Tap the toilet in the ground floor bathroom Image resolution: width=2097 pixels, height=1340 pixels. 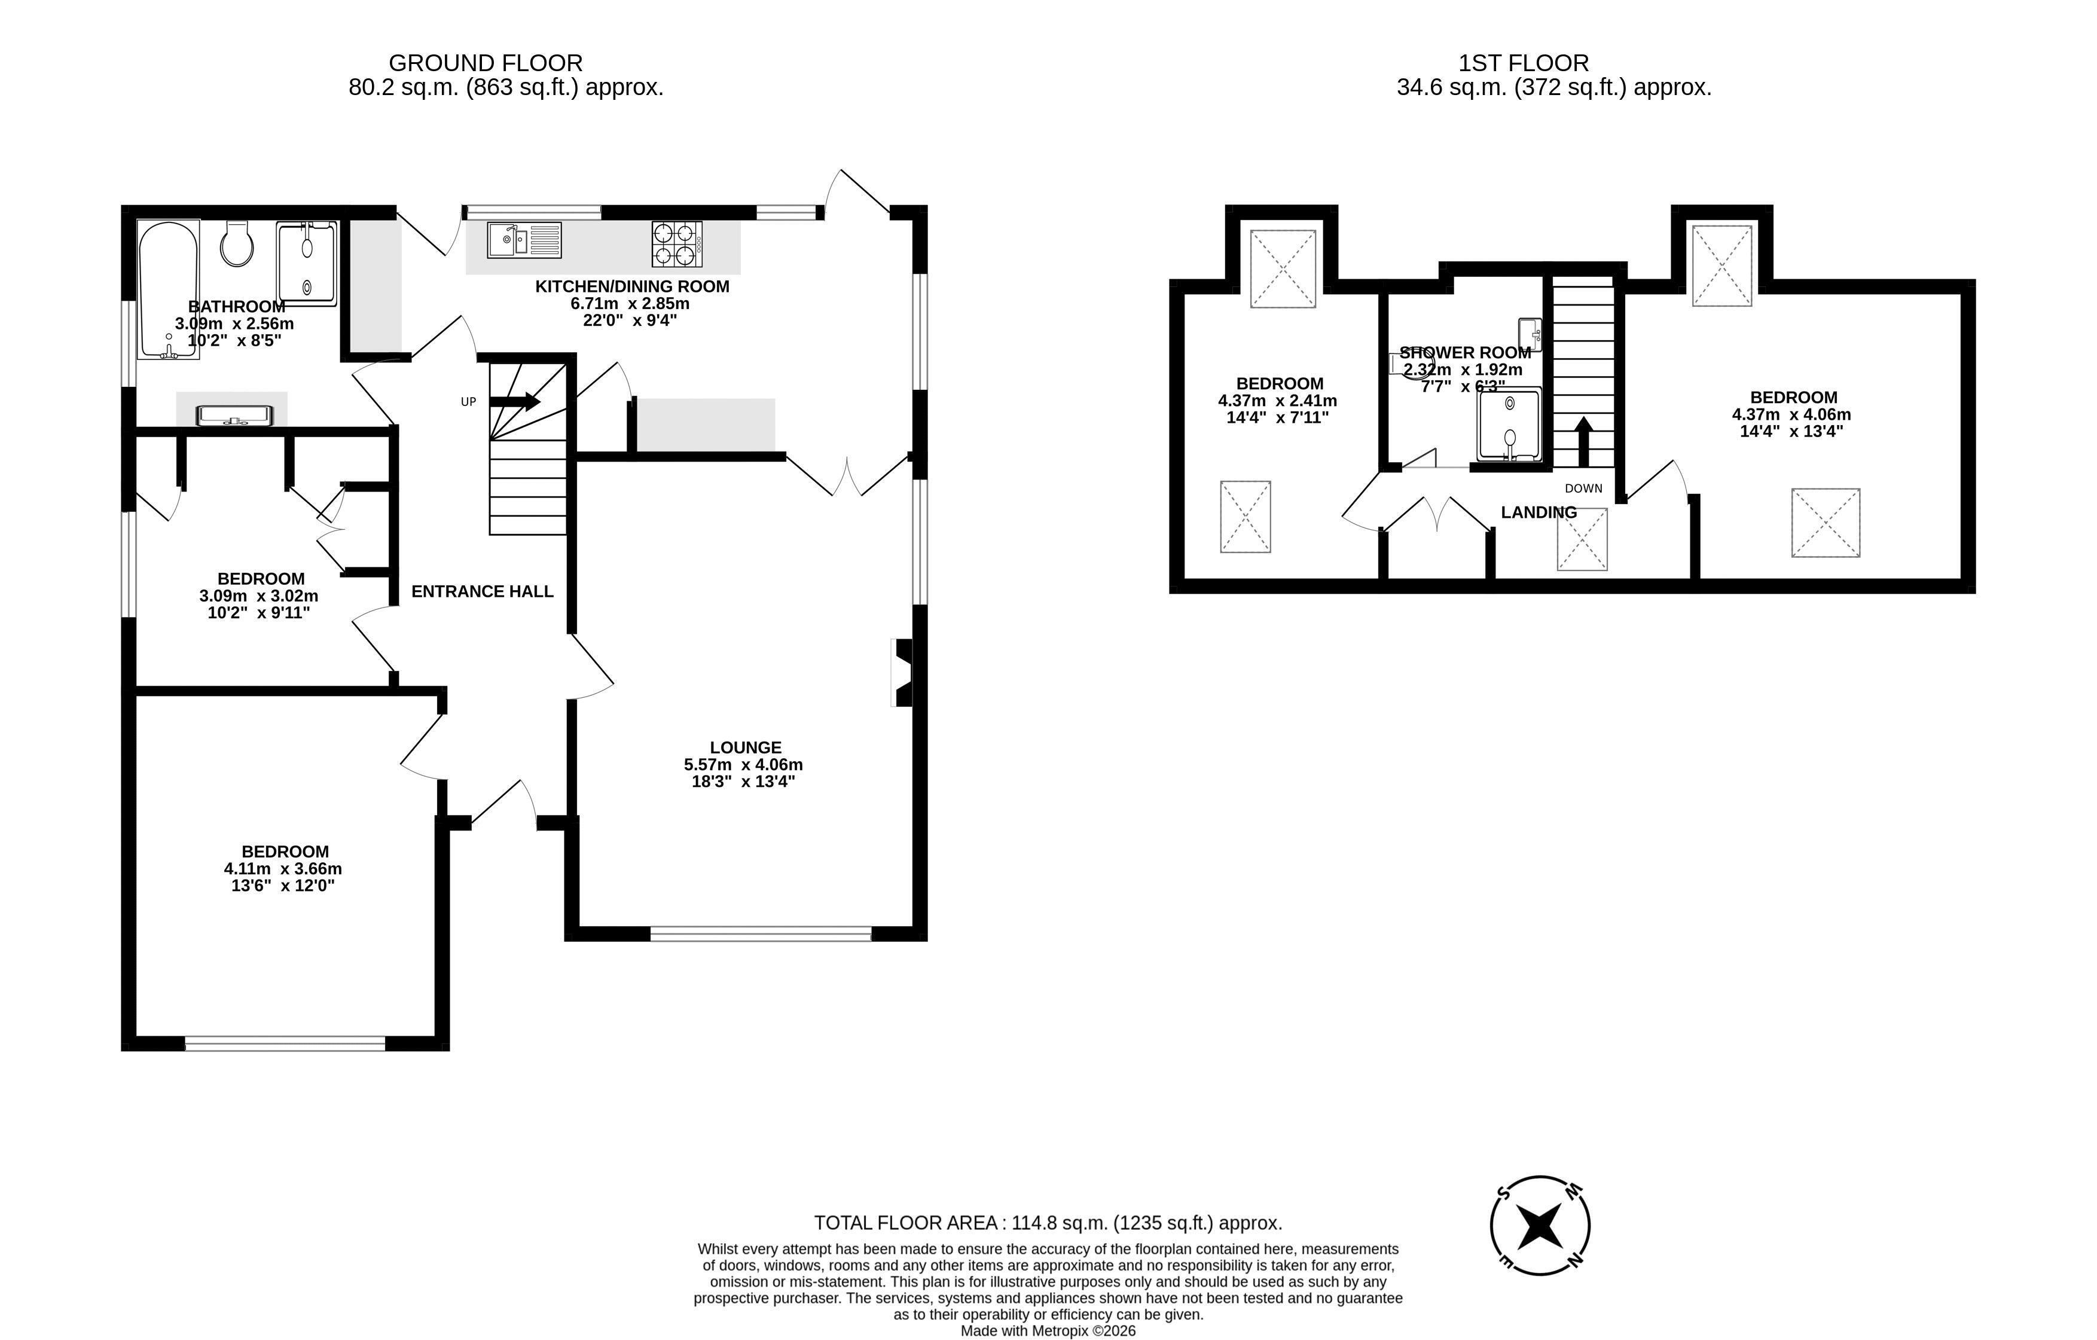coord(237,243)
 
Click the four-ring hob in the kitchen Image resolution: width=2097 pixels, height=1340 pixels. coord(677,245)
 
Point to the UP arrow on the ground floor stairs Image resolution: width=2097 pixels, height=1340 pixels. coord(515,401)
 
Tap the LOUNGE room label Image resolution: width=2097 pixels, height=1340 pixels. coord(746,747)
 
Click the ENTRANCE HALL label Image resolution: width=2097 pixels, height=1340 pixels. coord(483,591)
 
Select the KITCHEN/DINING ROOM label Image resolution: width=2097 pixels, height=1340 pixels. coord(632,286)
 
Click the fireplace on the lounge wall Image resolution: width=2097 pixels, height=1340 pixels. coord(903,672)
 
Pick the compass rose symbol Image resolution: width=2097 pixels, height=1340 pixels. coord(1540,1225)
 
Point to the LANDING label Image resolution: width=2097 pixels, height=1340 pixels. coord(1539,512)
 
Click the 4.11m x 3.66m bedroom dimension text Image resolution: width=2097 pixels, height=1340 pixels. coord(283,869)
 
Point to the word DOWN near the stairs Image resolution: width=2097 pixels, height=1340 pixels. coord(1583,489)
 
